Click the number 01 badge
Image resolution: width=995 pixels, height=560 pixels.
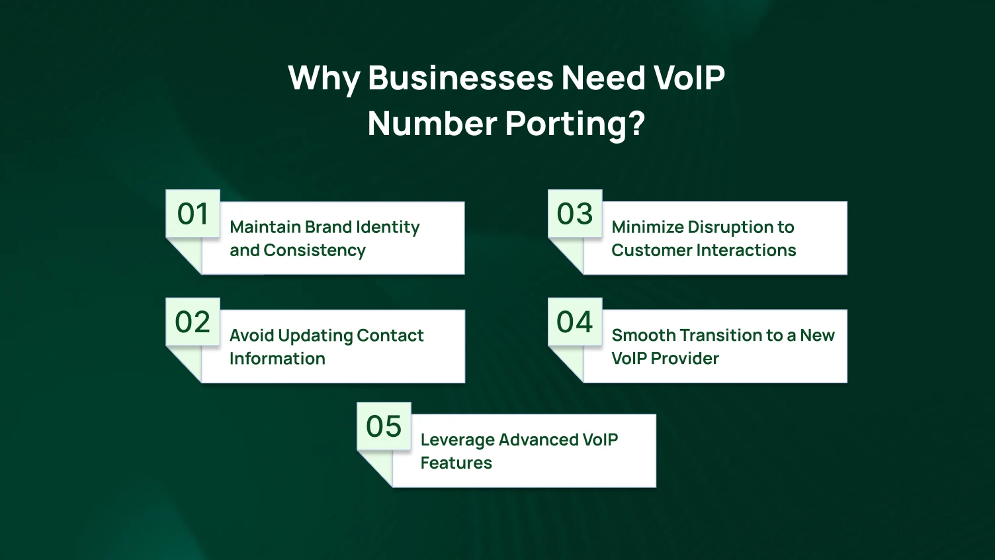pos(193,214)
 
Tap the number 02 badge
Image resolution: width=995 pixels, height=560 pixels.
pos(193,322)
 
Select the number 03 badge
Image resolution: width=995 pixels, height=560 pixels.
pos(575,214)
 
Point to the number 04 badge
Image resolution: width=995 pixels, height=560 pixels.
pos(575,322)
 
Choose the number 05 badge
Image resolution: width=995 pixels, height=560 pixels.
pos(384,426)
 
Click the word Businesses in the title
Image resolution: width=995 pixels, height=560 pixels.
pos(460,78)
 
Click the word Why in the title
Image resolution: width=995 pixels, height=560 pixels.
pos(324,78)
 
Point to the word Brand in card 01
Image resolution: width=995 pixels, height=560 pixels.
pos(328,227)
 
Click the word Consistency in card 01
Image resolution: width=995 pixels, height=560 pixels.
pos(314,250)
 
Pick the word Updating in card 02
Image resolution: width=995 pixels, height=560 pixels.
pos(315,336)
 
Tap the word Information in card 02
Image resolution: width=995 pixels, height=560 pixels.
pos(277,359)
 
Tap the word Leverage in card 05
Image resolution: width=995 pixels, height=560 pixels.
pos(457,440)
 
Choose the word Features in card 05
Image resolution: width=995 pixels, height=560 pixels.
pos(456,463)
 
